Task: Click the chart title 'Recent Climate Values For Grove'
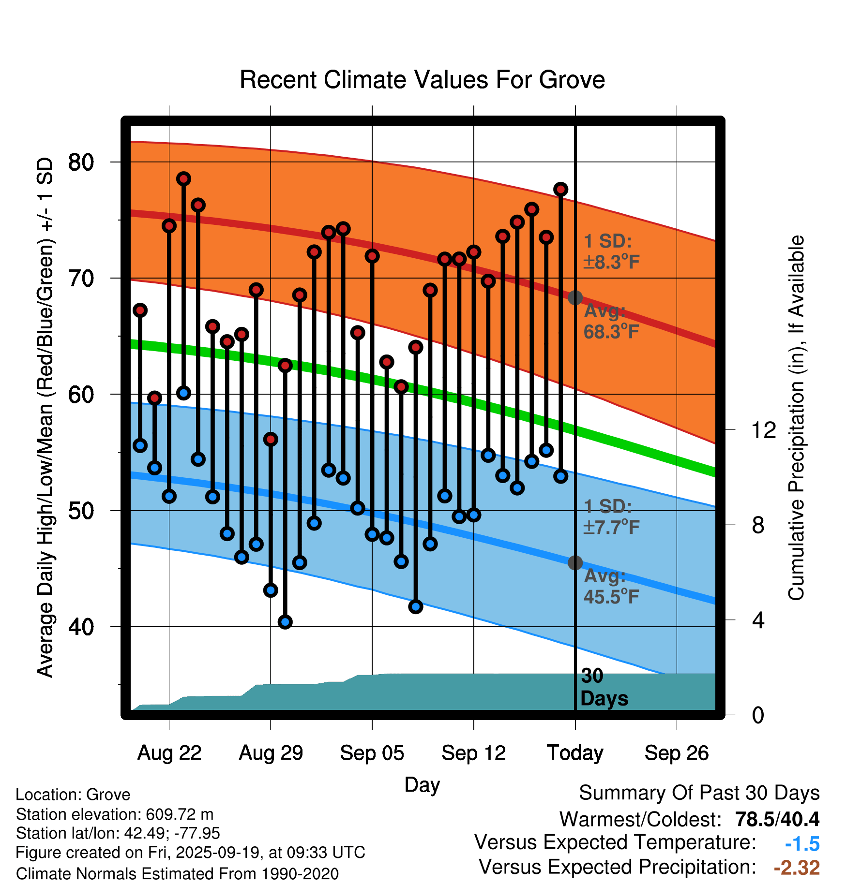(422, 80)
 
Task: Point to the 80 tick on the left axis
(81, 162)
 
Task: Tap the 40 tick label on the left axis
(81, 627)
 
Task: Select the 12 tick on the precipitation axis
(764, 430)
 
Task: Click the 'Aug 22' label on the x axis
(169, 753)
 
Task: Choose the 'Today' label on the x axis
(575, 753)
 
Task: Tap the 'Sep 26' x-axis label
(676, 753)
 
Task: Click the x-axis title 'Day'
(422, 784)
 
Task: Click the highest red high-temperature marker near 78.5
(183, 179)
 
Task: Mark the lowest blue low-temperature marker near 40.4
(285, 622)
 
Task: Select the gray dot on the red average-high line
(575, 298)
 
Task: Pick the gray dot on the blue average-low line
(575, 563)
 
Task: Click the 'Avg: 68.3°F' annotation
(611, 322)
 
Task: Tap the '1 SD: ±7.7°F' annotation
(611, 516)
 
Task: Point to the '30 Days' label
(604, 687)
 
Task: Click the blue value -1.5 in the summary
(802, 844)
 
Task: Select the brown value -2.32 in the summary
(797, 868)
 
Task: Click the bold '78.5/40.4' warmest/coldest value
(777, 819)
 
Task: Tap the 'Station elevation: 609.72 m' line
(115, 814)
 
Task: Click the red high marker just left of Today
(560, 189)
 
